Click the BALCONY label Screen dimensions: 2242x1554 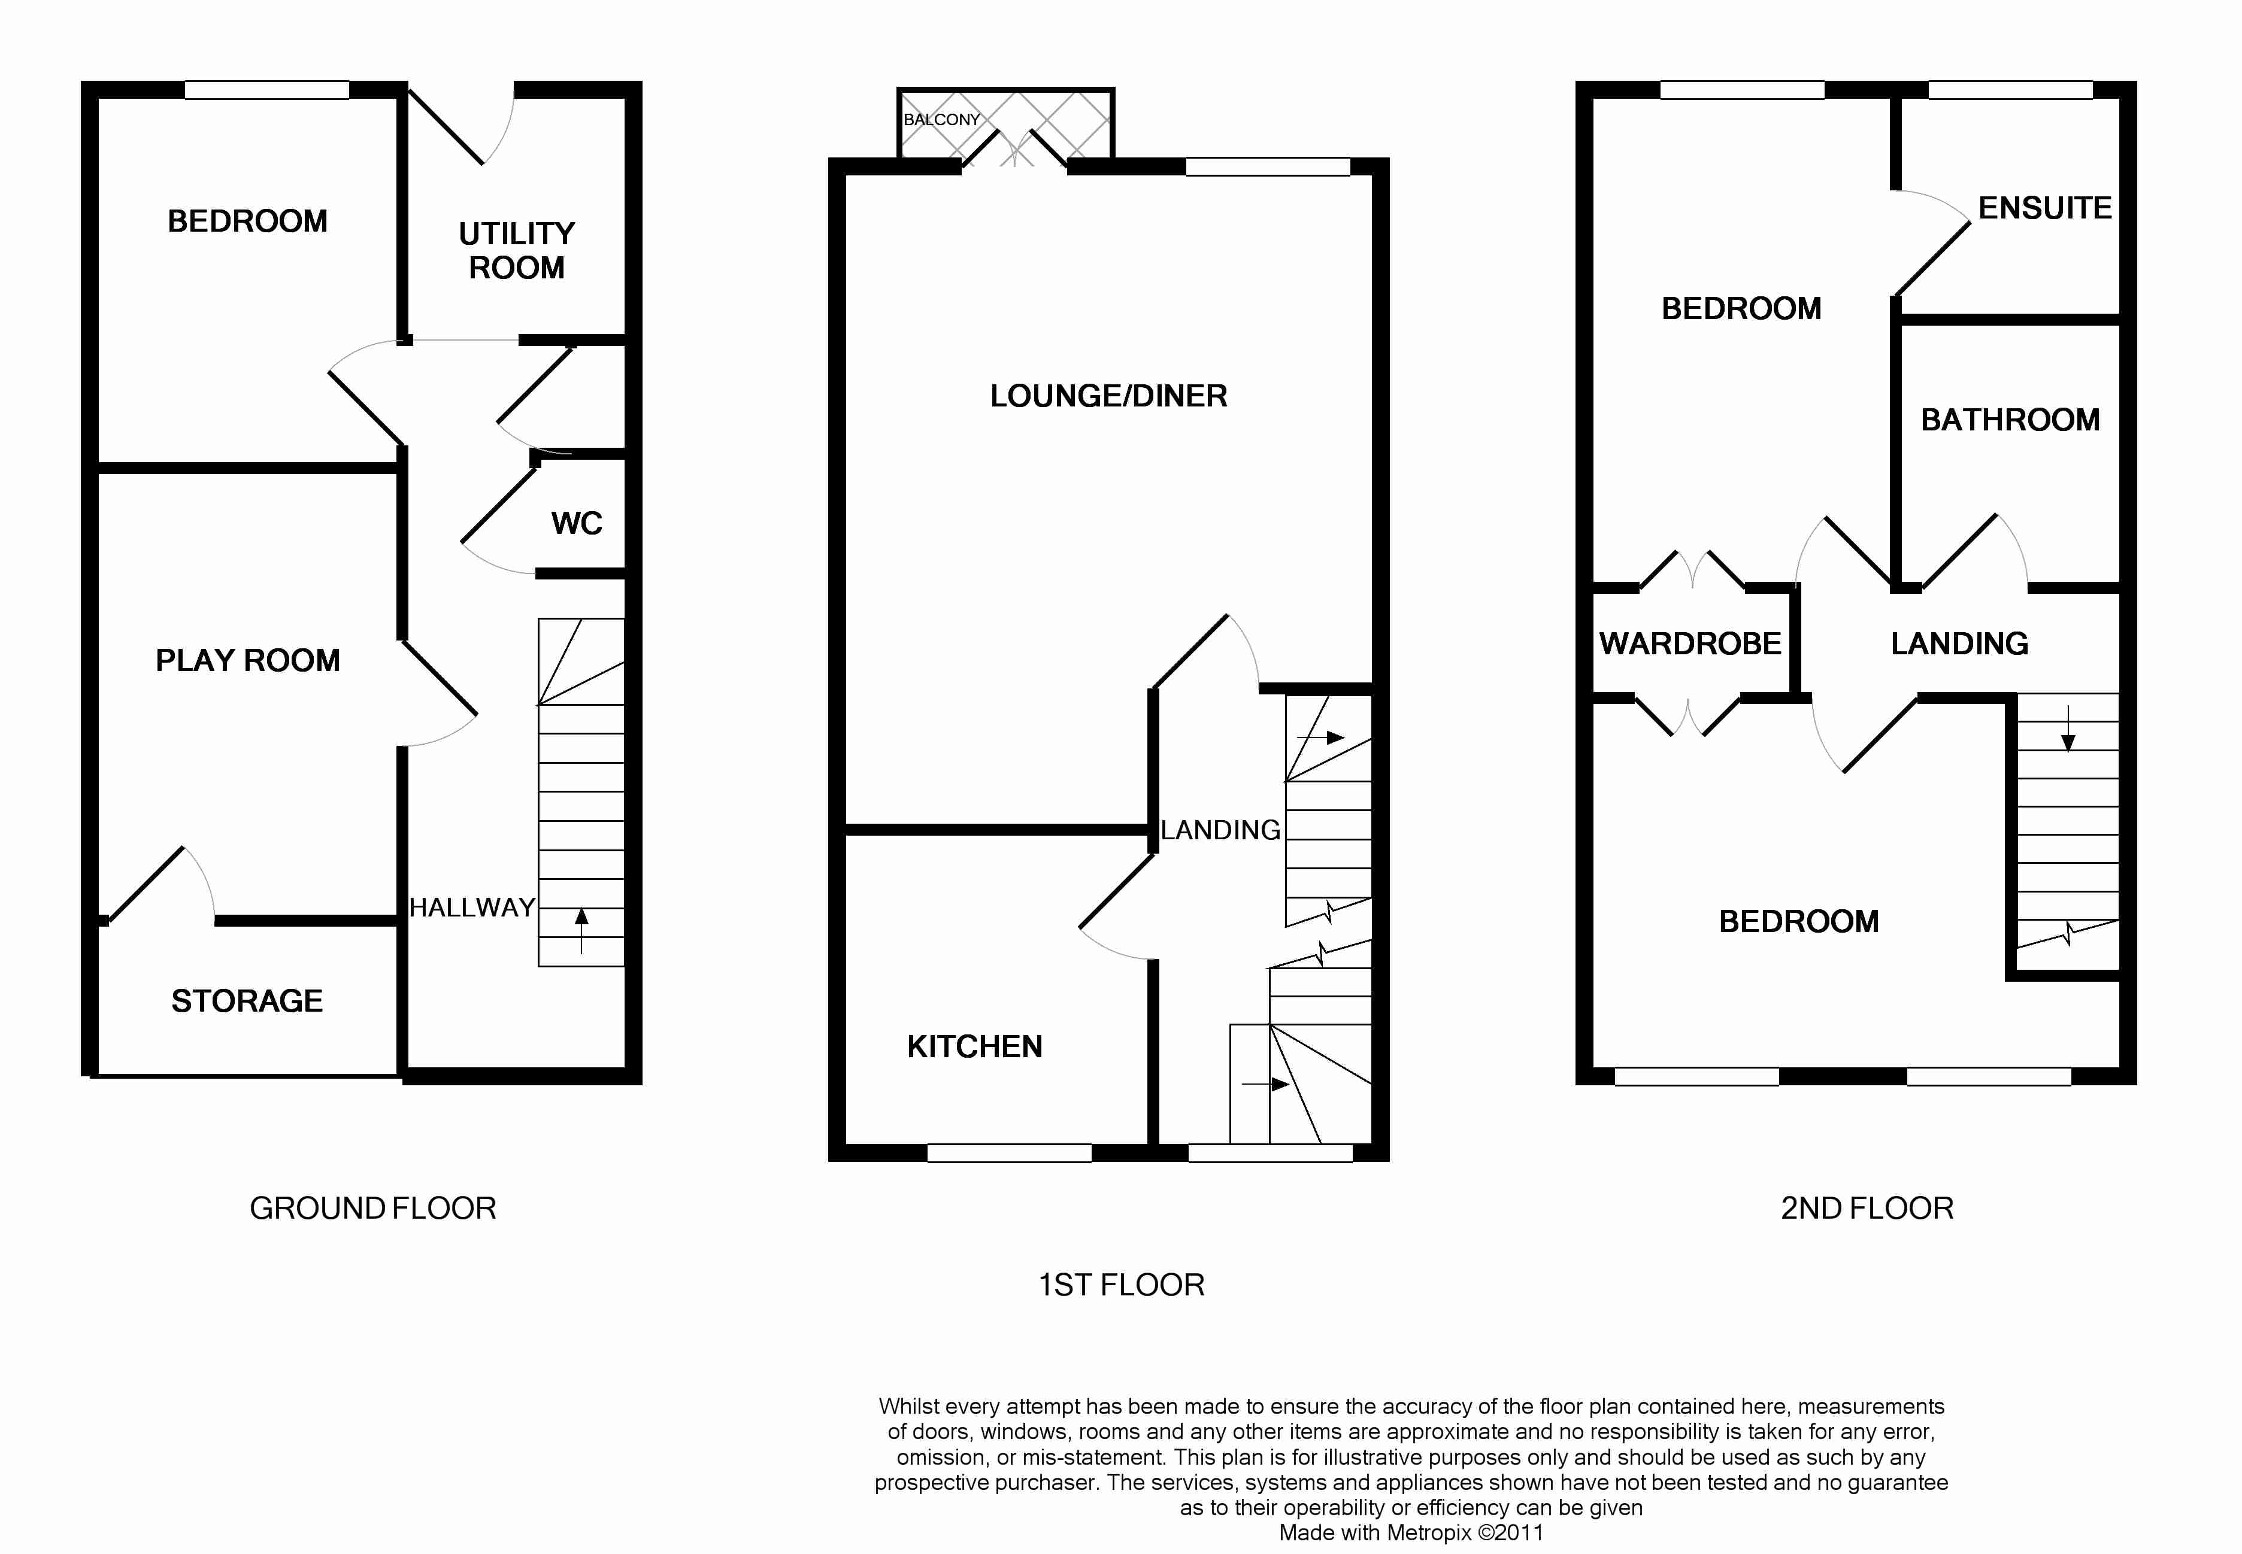click(941, 120)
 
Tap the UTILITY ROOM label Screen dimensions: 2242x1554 click(517, 250)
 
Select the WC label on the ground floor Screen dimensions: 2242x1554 click(577, 524)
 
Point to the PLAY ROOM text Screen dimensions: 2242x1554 click(249, 660)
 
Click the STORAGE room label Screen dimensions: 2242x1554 click(247, 1001)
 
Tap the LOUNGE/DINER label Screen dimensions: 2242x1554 click(1108, 396)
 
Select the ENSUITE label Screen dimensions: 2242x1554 click(2045, 208)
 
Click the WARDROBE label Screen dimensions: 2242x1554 click(1690, 644)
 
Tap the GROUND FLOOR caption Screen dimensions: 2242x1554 click(373, 1209)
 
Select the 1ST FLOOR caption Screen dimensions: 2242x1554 click(1121, 1285)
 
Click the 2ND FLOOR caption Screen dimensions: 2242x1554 click(1867, 1209)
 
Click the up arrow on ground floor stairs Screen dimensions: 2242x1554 click(581, 931)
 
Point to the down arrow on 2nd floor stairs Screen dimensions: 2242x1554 click(2068, 729)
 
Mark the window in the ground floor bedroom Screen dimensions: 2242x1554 click(267, 90)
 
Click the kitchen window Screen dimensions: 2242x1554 click(1009, 1153)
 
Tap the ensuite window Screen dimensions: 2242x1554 click(2010, 90)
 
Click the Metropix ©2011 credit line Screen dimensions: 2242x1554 click(1411, 1532)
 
